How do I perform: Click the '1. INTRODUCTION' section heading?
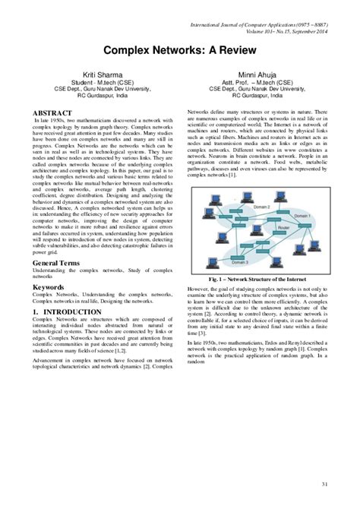pos(68,312)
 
